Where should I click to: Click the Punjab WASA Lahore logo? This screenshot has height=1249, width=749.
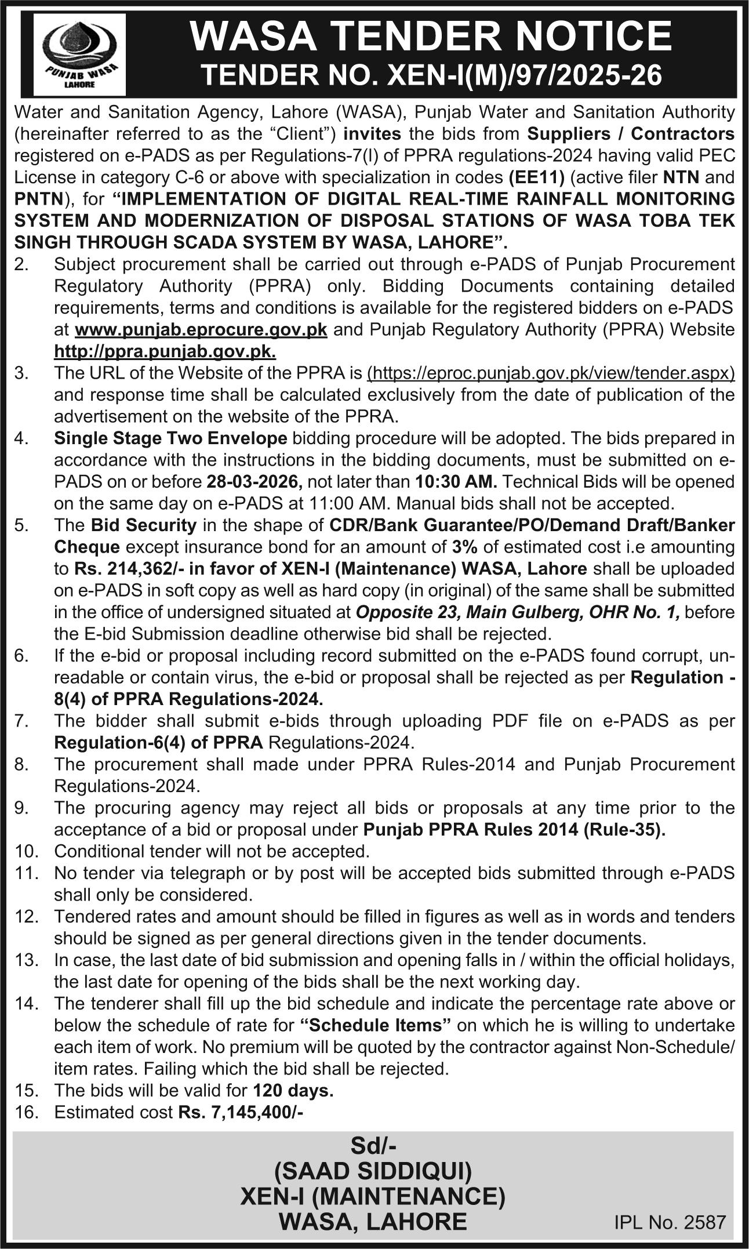(x=79, y=55)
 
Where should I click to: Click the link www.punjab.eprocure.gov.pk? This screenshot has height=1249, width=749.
(x=201, y=330)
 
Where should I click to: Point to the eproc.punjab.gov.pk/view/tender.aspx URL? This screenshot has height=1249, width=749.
(x=551, y=373)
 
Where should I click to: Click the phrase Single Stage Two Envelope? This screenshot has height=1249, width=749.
(x=170, y=438)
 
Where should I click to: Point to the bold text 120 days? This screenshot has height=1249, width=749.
(x=293, y=1091)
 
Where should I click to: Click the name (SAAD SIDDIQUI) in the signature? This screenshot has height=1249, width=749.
(x=373, y=1171)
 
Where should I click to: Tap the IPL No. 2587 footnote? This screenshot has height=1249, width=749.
(x=670, y=1222)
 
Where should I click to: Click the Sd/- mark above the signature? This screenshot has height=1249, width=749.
(x=373, y=1146)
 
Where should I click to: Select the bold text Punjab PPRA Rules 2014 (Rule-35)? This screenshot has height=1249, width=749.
(x=514, y=830)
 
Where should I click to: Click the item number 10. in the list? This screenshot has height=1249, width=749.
(x=27, y=852)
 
